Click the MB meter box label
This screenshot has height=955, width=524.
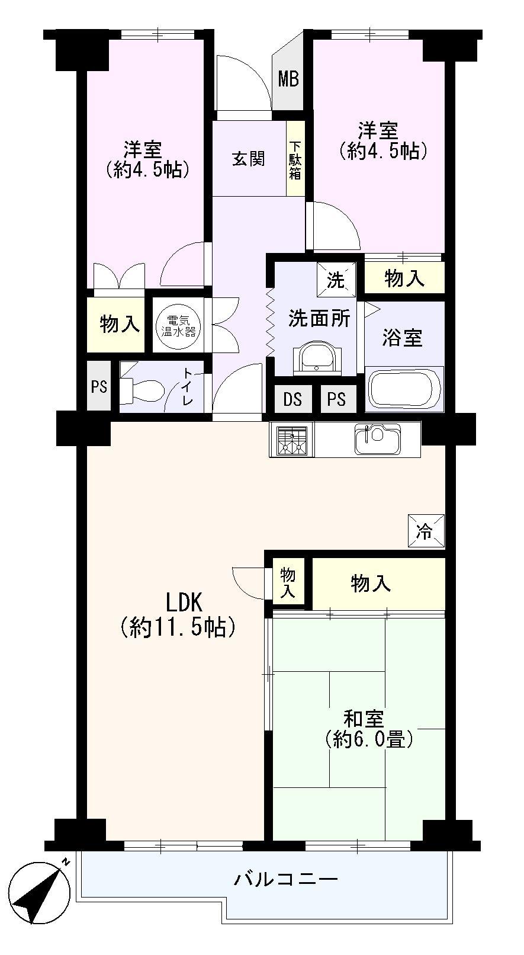(x=289, y=79)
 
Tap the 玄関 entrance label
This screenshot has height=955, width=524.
(x=248, y=159)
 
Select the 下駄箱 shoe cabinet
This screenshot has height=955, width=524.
(x=295, y=159)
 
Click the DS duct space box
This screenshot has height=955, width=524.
(x=292, y=400)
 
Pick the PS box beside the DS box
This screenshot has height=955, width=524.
(x=336, y=400)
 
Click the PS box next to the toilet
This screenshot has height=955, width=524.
(x=99, y=387)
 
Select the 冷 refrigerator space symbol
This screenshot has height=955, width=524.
(x=426, y=531)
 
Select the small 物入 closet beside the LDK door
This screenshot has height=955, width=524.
(x=288, y=582)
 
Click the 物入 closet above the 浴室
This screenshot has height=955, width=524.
(x=404, y=278)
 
